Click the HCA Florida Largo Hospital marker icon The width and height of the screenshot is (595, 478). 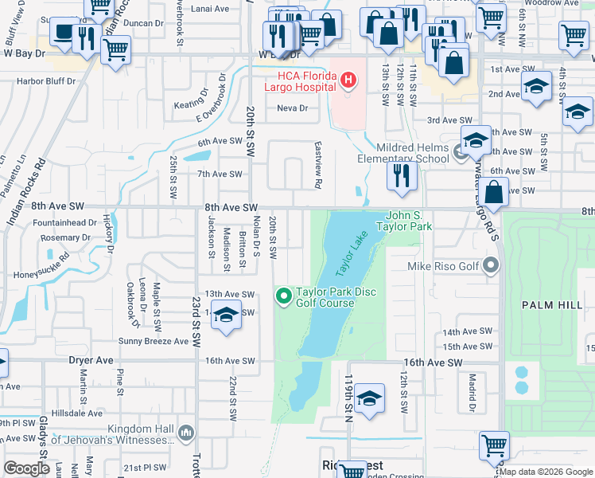click(x=348, y=80)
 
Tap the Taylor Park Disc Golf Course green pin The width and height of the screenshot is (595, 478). click(x=283, y=297)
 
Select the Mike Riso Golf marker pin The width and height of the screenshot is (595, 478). click(x=492, y=265)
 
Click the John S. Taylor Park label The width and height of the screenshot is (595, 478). click(x=409, y=221)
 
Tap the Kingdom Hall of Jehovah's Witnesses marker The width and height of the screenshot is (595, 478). click(x=186, y=433)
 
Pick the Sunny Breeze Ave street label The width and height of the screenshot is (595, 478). click(x=154, y=341)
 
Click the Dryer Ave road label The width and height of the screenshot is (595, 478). click(x=91, y=360)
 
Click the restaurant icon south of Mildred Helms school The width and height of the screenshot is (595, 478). click(x=402, y=175)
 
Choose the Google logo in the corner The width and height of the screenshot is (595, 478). click(x=27, y=468)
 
